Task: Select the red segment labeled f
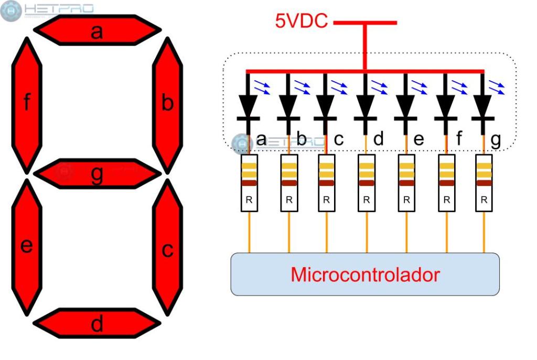[x=26, y=105]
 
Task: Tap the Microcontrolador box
[x=365, y=274]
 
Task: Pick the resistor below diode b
[x=289, y=183]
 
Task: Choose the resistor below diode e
[x=406, y=183]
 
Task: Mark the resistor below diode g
[x=484, y=183]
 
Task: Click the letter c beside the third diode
[x=339, y=139]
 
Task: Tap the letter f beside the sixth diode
[x=459, y=139]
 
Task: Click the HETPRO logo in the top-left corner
[x=47, y=10]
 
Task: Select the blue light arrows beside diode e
[x=418, y=87]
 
